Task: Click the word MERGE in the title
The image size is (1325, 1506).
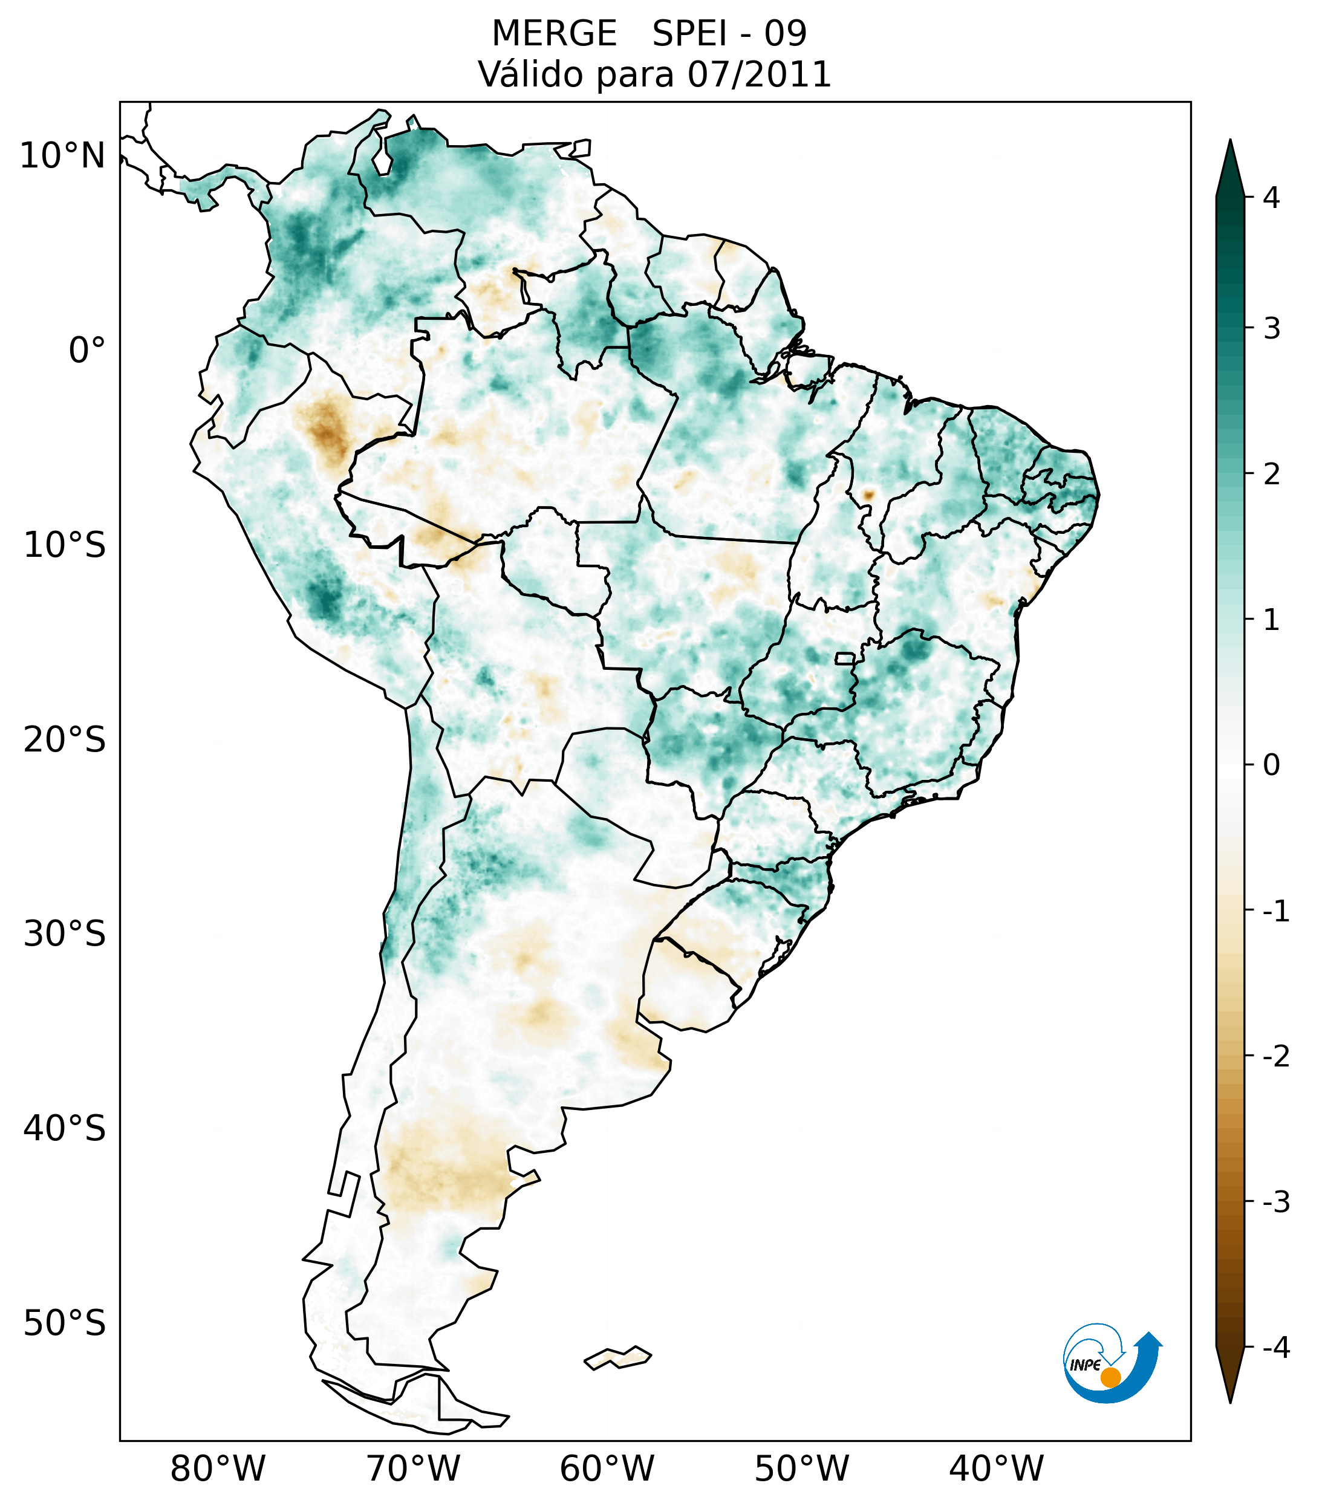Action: coord(553,34)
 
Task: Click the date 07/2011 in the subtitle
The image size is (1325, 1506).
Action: coord(759,74)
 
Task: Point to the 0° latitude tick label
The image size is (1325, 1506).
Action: coord(87,351)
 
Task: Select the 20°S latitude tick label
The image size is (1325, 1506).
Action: coord(65,740)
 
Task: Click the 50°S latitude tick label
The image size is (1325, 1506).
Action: coord(65,1324)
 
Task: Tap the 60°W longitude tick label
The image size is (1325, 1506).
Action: coord(607,1469)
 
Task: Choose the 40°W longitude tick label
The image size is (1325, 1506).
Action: coord(997,1469)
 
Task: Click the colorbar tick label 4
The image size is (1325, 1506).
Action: coord(1271,198)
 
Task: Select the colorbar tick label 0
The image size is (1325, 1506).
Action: coord(1271,765)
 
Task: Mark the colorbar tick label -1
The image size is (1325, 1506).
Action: coord(1275,912)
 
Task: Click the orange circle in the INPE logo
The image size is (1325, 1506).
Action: coord(1110,1377)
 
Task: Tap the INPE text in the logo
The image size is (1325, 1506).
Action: coord(1085,1365)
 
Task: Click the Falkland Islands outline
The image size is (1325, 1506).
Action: coord(617,1358)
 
